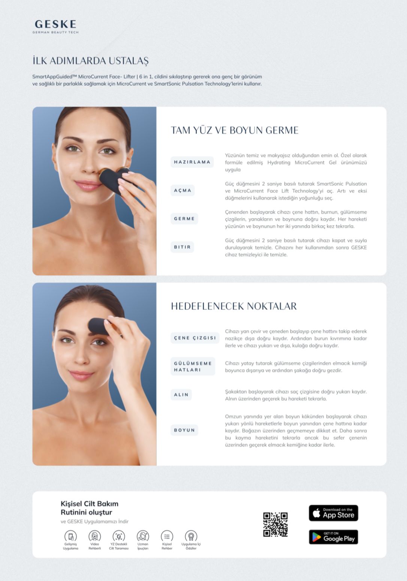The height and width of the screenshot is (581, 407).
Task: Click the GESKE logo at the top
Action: (55, 26)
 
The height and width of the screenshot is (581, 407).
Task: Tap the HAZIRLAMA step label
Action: (192, 162)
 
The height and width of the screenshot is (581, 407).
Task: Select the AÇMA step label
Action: (183, 190)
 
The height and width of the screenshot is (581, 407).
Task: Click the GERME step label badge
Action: (184, 219)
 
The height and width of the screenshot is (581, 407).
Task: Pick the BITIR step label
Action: (182, 247)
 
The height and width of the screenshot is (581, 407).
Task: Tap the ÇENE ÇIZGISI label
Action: (195, 338)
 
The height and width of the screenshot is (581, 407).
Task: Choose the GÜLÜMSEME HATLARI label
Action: (193, 366)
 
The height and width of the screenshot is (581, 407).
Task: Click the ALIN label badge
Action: (181, 395)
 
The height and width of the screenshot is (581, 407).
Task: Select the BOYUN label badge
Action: (184, 430)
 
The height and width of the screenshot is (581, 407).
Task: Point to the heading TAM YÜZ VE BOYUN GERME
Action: (235, 130)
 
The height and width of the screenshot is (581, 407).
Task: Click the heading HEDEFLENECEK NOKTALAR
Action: (234, 306)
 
